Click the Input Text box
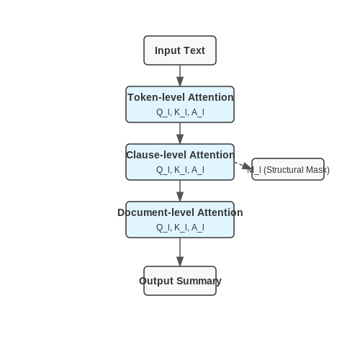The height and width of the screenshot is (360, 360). pyautogui.click(x=180, y=50)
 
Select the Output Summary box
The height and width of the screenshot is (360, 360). pyautogui.click(x=180, y=281)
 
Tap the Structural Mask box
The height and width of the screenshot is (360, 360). pyautogui.click(x=288, y=169)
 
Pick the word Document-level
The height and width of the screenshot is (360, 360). pyautogui.click(x=156, y=212)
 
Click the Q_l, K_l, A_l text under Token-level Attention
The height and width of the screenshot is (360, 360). pyautogui.click(x=180, y=112)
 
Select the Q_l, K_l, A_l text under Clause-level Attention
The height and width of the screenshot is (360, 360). pyautogui.click(x=180, y=170)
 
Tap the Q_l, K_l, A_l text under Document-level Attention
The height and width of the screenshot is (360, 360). pyautogui.click(x=180, y=228)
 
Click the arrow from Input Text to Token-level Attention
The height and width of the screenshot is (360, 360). pyautogui.click(x=180, y=76)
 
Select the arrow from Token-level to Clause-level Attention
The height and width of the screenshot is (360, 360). pyautogui.click(x=180, y=133)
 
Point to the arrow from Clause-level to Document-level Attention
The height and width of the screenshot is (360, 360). pyautogui.click(x=180, y=191)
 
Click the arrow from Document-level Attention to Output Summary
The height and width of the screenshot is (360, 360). pyautogui.click(x=180, y=252)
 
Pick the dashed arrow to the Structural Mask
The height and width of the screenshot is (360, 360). pyautogui.click(x=243, y=166)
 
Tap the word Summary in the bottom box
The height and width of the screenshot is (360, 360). pyautogui.click(x=199, y=281)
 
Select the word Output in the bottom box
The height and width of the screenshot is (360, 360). pyautogui.click(x=156, y=281)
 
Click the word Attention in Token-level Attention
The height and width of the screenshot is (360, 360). pyautogui.click(x=210, y=97)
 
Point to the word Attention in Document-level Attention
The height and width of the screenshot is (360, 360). pyautogui.click(x=220, y=212)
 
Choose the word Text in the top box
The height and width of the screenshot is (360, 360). pyautogui.click(x=194, y=50)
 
